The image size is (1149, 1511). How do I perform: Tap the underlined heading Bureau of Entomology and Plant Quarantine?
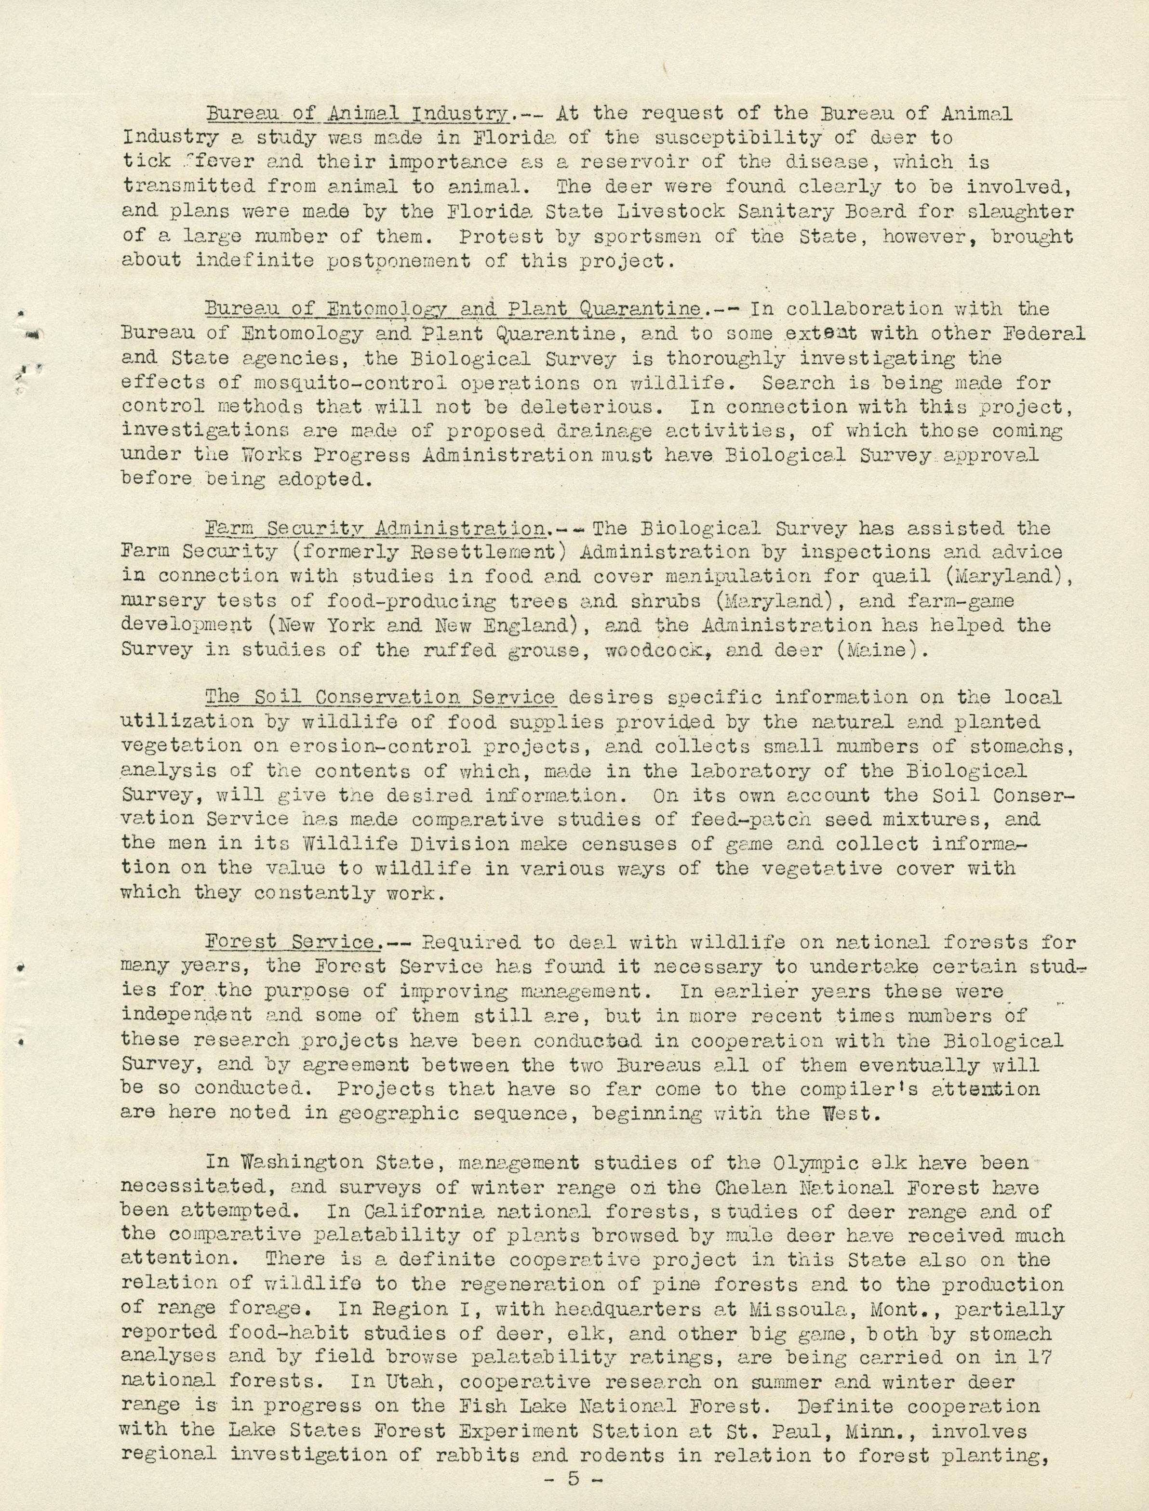point(454,309)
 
